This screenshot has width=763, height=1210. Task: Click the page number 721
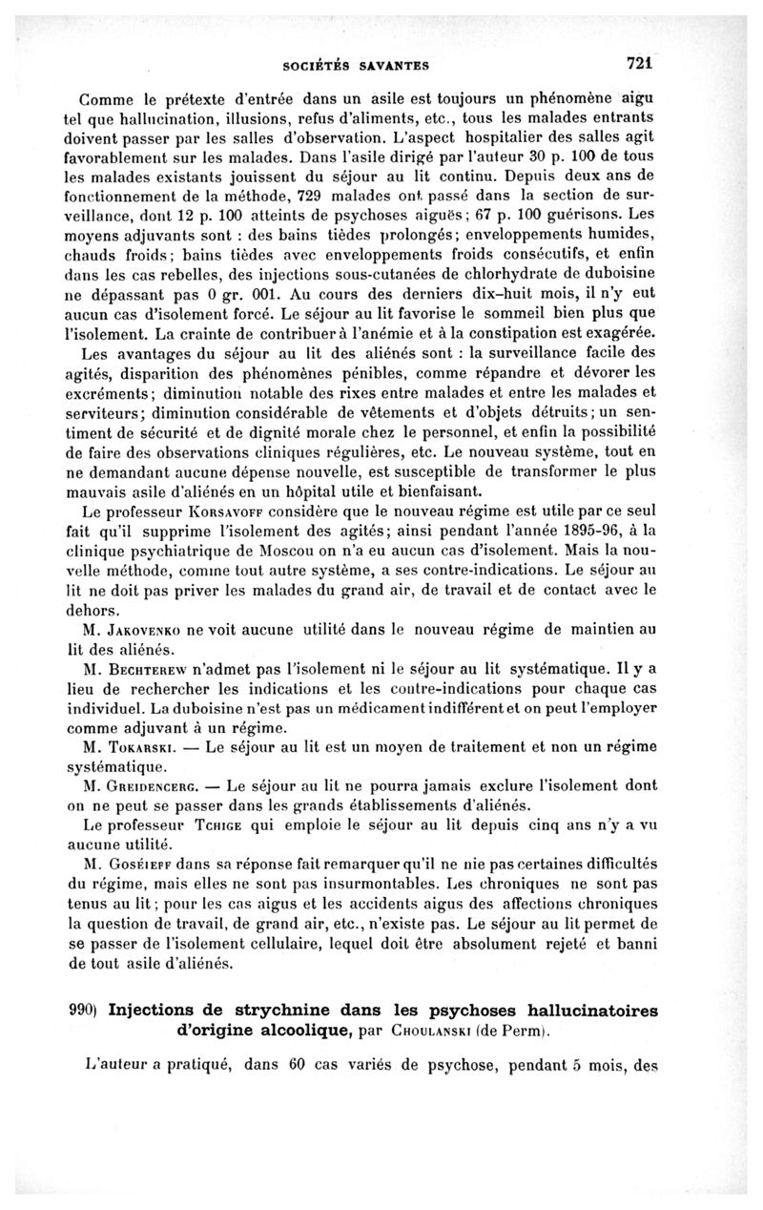[638, 64]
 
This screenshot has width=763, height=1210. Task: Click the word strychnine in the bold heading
[302, 1010]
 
